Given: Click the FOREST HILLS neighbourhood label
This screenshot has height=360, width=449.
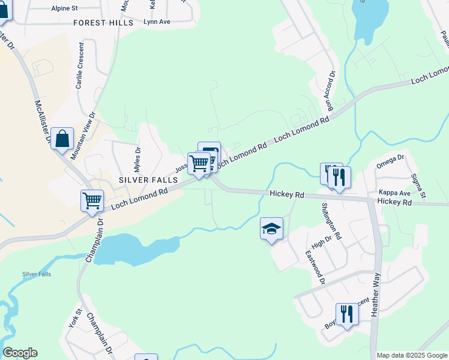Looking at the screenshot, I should (x=103, y=23).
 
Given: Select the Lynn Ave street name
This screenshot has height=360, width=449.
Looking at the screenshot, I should (x=157, y=22).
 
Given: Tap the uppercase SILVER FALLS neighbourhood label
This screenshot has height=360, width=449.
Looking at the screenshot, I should (x=148, y=180).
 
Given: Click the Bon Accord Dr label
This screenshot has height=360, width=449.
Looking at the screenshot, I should (x=330, y=92).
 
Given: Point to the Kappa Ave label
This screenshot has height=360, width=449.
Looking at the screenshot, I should (x=394, y=193).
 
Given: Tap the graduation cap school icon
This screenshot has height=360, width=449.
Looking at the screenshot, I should (x=271, y=229).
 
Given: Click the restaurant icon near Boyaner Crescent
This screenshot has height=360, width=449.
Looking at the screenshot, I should (x=347, y=314).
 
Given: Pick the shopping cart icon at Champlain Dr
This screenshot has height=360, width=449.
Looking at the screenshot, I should (x=92, y=200).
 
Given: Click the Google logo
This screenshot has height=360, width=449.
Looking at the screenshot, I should (x=20, y=353).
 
